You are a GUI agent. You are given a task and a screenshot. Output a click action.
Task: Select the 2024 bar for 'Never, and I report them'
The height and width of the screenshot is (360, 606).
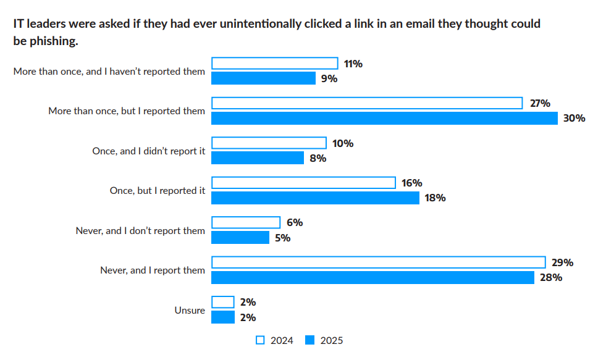tap(379, 262)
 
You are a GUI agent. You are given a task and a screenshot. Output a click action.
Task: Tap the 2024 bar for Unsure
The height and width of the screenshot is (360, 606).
tap(223, 302)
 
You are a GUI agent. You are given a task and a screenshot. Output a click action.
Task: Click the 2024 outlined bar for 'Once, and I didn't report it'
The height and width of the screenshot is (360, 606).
tap(269, 143)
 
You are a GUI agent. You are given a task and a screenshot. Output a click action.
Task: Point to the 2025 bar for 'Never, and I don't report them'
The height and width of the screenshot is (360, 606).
tap(240, 237)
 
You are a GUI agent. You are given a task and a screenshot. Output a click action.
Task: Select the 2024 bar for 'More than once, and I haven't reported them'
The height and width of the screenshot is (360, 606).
tap(275, 63)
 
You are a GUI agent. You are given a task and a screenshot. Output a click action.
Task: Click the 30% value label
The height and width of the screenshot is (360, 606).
tap(574, 118)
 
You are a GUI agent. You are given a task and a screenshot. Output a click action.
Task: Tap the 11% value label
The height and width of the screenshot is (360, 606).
tap(353, 64)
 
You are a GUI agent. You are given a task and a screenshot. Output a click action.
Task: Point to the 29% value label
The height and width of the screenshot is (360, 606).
tap(562, 262)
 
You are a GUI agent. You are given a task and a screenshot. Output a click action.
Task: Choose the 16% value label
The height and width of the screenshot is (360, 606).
tap(411, 183)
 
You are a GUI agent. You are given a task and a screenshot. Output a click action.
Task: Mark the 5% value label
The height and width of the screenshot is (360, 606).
tap(282, 238)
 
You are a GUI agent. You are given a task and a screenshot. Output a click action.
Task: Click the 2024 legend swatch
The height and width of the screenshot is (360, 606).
tap(260, 340)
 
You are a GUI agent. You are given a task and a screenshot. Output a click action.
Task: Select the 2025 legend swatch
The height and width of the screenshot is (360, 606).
tap(310, 340)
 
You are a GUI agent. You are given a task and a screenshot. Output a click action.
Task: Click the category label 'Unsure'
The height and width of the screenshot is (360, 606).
tap(190, 311)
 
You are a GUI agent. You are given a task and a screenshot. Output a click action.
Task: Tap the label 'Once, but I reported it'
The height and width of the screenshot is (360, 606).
tap(158, 191)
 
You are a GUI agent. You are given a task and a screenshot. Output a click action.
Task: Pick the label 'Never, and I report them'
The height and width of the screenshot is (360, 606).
tap(153, 270)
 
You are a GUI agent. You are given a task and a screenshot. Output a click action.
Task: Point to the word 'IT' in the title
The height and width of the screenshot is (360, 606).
tap(19, 24)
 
